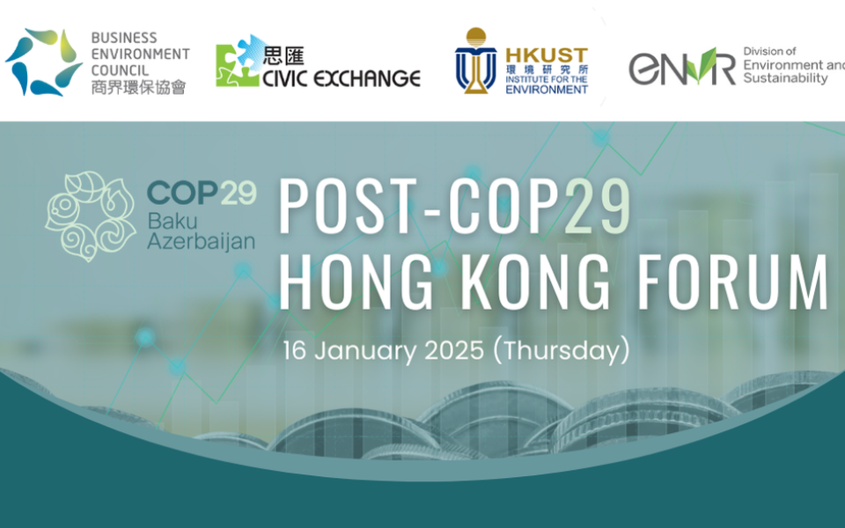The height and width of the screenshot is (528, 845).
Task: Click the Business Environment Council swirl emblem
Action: (44, 62)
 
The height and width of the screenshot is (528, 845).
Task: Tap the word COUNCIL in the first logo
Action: (120, 70)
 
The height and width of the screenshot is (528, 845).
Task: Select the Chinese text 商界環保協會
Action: (138, 87)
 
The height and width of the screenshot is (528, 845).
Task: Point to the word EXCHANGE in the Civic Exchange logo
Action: (367, 78)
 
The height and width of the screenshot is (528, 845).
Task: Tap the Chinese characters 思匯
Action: (283, 55)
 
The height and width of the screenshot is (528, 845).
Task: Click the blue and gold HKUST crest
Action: (475, 61)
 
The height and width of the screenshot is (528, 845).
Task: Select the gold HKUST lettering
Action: (547, 55)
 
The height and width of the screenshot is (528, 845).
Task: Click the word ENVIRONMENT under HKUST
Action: (547, 90)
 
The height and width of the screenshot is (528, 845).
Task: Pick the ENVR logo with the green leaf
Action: (681, 67)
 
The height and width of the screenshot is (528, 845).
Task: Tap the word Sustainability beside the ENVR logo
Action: (785, 78)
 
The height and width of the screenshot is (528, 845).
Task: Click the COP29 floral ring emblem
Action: (90, 216)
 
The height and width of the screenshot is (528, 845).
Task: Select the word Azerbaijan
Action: (201, 241)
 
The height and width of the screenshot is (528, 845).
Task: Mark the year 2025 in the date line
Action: (454, 351)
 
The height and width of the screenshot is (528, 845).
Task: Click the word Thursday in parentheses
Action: (561, 351)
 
